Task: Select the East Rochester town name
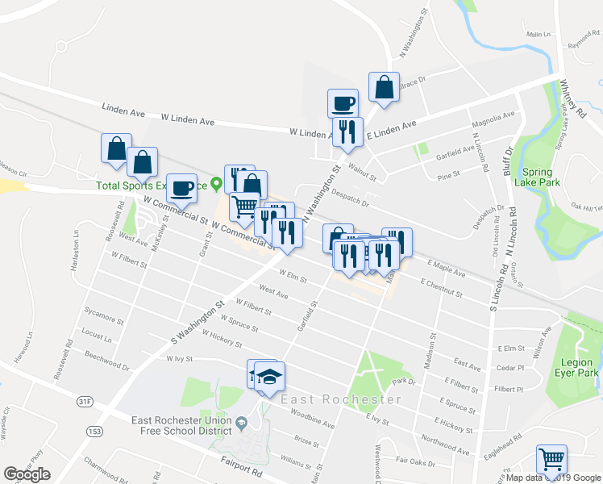click(339, 399)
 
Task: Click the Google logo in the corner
click(27, 474)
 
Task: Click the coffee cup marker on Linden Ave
click(343, 104)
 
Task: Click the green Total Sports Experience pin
click(215, 184)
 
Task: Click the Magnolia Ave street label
click(493, 119)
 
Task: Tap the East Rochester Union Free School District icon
click(241, 422)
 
